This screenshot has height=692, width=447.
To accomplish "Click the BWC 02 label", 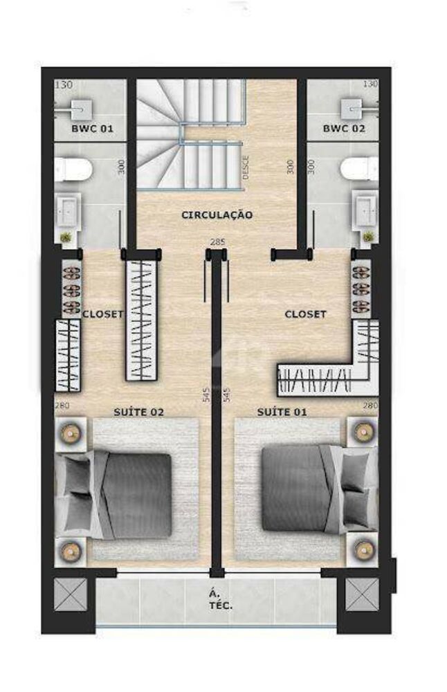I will (x=344, y=129).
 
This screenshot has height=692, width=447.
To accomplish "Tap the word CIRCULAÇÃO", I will (x=217, y=215).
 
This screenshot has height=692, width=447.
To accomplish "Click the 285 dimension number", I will (x=217, y=242).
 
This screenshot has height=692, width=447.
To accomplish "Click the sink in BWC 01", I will (x=69, y=209).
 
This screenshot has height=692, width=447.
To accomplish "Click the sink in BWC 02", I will (x=365, y=209).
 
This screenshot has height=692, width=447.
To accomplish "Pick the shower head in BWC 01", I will (x=81, y=107).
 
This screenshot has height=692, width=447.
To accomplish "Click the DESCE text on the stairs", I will (x=246, y=167).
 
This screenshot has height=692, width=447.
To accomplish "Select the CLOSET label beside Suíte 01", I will (x=305, y=314).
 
